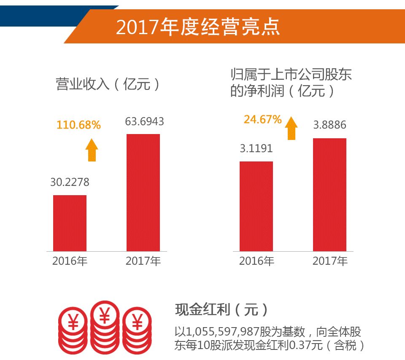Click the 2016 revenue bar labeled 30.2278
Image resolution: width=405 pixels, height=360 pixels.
click(x=70, y=223)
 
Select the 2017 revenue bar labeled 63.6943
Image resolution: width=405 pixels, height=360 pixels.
click(x=143, y=193)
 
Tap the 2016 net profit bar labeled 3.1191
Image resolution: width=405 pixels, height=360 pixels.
click(x=256, y=206)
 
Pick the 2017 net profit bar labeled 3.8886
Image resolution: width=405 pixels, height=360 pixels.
click(x=329, y=195)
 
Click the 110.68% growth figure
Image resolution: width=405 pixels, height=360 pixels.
click(x=78, y=125)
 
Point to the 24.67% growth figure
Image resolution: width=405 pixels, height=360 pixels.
click(x=262, y=120)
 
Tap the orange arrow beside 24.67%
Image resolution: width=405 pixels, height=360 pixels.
click(x=291, y=128)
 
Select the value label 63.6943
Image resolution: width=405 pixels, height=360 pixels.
click(x=144, y=122)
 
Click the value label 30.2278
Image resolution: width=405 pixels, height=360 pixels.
click(x=70, y=183)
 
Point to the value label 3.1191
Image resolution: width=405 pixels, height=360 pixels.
click(x=256, y=148)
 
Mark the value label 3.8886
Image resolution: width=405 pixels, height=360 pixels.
click(x=329, y=125)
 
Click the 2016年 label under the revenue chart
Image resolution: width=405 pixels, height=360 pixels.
click(x=70, y=261)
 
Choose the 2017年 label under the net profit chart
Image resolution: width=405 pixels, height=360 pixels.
click(x=330, y=261)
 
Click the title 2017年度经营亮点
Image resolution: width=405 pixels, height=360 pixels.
click(x=198, y=27)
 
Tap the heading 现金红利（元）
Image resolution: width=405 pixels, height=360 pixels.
click(x=222, y=310)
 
